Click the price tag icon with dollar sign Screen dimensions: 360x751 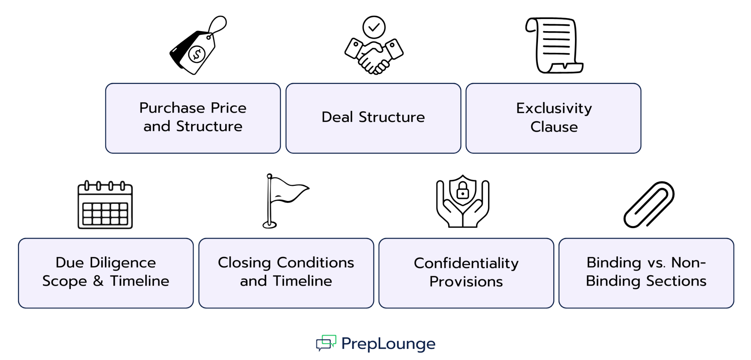tap(194, 49)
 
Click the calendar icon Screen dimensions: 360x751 tap(105, 205)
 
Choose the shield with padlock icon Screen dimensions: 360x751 tap(463, 202)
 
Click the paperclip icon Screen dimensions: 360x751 tap(649, 205)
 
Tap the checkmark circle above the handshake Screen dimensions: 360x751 tap(374, 27)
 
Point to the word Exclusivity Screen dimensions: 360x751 tap(554, 109)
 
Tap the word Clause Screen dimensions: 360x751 tap(554, 127)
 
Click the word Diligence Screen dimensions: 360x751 tap(123, 263)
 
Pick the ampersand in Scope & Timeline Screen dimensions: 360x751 tap(98, 281)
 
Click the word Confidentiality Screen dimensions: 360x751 tap(466, 263)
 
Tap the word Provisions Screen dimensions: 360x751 tap(466, 282)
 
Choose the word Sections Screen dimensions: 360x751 tap(676, 281)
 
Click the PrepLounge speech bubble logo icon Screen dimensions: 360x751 tap(326, 343)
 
